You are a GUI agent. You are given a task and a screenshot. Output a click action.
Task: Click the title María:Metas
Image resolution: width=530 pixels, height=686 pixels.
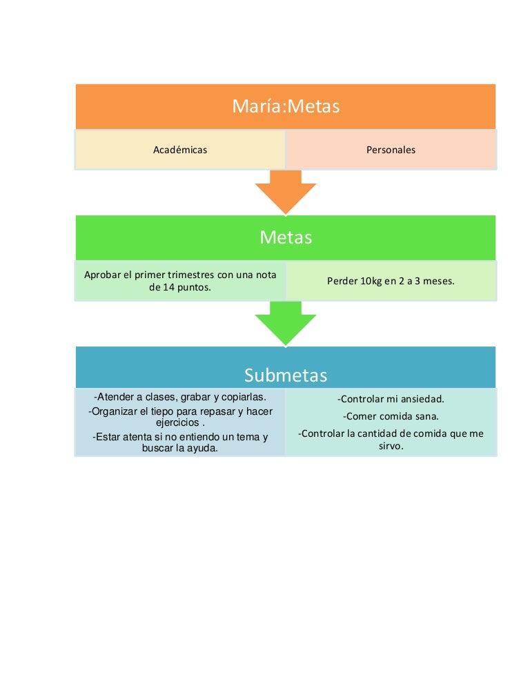click(x=286, y=107)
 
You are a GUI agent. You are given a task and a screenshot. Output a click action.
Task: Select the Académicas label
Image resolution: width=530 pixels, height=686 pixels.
click(x=180, y=149)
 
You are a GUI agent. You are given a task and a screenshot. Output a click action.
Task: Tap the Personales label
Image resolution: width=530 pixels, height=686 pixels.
click(x=391, y=149)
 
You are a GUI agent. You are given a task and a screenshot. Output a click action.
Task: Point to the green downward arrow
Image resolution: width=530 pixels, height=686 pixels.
click(x=286, y=323)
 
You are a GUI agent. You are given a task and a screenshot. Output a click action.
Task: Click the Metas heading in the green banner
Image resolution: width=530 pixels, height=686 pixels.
click(x=286, y=238)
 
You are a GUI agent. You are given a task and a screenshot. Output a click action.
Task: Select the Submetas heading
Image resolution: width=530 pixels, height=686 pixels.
click(x=286, y=375)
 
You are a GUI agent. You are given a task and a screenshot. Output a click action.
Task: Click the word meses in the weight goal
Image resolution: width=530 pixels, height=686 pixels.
click(x=438, y=281)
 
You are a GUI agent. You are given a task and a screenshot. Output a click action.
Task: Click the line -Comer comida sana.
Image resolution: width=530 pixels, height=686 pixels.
click(x=391, y=416)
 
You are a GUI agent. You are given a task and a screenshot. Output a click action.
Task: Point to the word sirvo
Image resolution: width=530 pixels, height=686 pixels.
click(x=390, y=446)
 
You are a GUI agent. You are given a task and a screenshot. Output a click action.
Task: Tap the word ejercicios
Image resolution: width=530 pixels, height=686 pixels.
click(x=177, y=422)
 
